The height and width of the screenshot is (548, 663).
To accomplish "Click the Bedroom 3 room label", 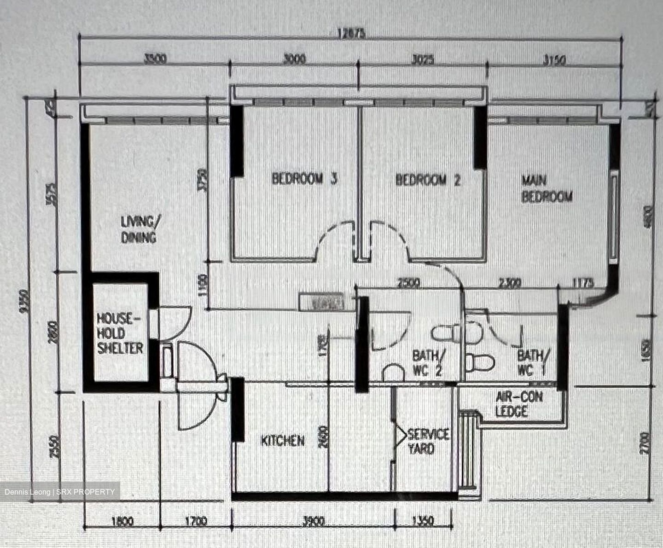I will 304,178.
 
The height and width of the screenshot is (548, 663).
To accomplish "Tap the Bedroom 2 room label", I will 428,180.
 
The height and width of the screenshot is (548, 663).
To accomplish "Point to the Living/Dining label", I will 139,229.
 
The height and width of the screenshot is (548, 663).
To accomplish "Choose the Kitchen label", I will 283,441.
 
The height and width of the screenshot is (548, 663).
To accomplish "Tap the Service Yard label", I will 427,441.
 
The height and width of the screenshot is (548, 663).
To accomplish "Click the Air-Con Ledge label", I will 518,404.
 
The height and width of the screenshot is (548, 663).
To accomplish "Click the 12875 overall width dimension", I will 351,34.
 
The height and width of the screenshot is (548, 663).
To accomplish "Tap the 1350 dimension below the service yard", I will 423,522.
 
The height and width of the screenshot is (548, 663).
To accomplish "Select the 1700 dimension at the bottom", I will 195,522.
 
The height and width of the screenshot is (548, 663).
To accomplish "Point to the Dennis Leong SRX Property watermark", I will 60,492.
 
